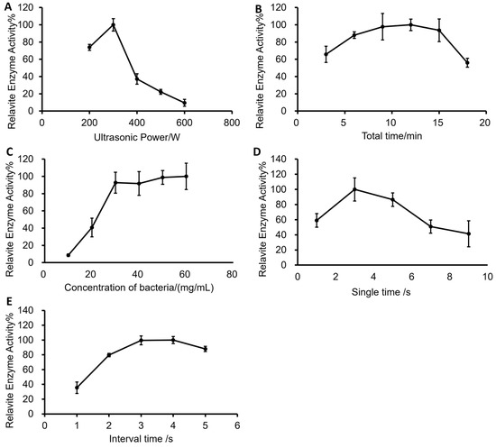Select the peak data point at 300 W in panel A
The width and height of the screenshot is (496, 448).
click(x=114, y=25)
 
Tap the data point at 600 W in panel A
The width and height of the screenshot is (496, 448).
click(x=184, y=103)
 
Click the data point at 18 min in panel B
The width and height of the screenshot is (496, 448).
click(x=467, y=63)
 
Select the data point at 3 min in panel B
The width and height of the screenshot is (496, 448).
click(x=326, y=54)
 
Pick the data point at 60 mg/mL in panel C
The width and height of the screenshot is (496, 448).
click(x=186, y=176)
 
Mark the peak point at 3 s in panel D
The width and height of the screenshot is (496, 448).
click(x=354, y=189)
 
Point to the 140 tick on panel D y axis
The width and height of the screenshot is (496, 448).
click(x=288, y=159)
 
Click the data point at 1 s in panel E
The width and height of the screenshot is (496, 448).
click(x=77, y=388)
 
